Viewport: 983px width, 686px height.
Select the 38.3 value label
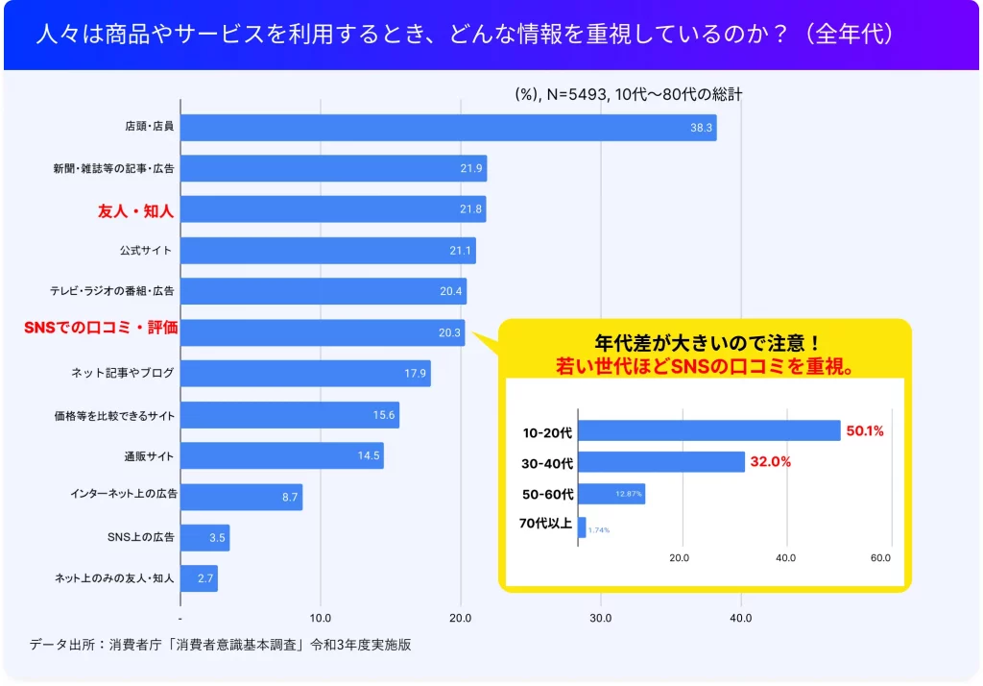coord(701,128)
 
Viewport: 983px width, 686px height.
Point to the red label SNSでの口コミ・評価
coord(101,329)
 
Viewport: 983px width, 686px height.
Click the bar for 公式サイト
coord(327,251)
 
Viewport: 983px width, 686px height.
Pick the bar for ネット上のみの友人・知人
coord(199,578)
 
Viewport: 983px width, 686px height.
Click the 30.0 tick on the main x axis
coord(601,618)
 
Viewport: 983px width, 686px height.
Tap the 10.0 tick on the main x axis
coord(321,618)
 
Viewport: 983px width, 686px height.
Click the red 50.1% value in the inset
coord(864,431)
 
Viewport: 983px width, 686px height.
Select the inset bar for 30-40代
coord(661,462)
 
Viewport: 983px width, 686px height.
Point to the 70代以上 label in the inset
coord(545,524)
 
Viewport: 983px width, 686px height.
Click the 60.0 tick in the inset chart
coord(880,558)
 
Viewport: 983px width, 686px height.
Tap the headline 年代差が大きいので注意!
coord(706,343)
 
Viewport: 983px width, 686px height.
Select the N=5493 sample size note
coord(575,94)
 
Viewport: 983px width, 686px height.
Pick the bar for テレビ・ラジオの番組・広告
coord(324,291)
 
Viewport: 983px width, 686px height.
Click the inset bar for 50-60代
coord(611,494)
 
